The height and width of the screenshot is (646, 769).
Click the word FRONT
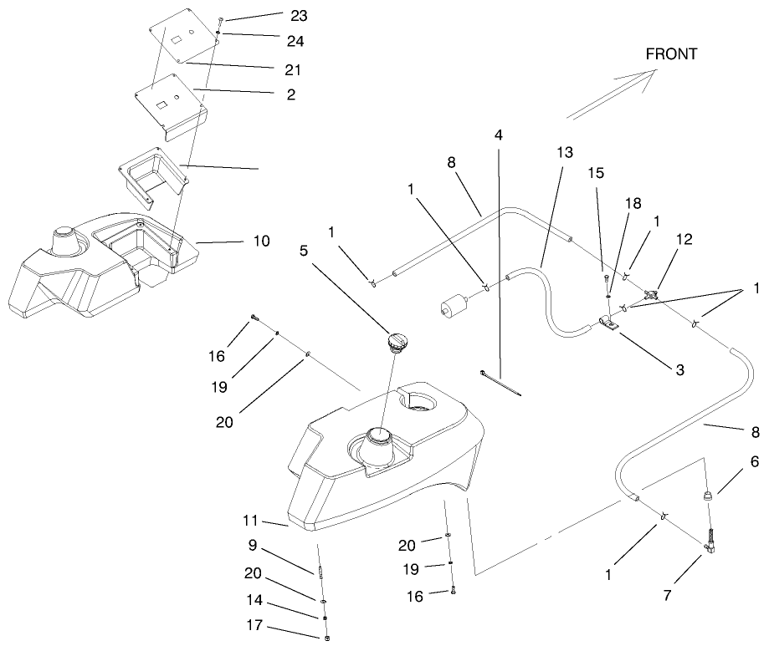point(671,53)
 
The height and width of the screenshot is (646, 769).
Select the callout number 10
point(261,241)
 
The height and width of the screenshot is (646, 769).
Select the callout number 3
point(679,368)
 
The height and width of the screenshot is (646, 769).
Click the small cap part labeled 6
point(706,496)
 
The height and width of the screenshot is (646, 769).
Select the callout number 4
point(499,135)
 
